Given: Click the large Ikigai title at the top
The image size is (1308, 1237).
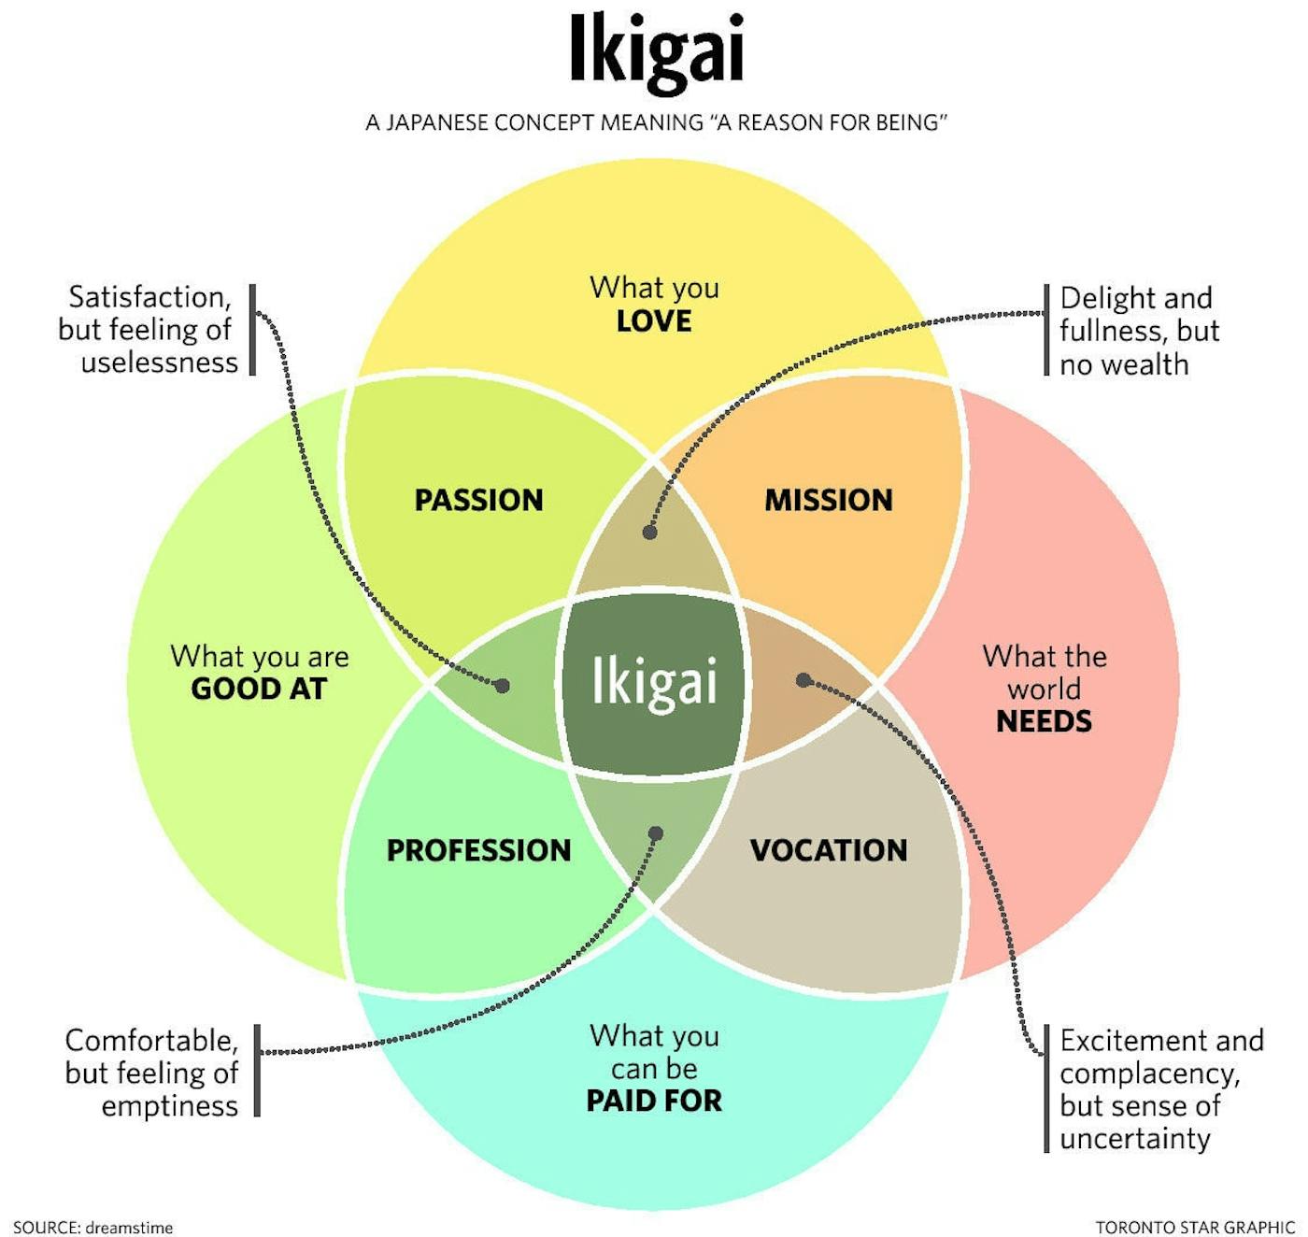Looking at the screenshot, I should (x=656, y=51).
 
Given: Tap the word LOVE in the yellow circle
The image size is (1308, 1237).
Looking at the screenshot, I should (x=654, y=321).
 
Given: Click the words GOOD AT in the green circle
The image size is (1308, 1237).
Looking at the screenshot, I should (x=259, y=690).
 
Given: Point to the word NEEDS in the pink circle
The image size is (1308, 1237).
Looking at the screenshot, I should (x=1044, y=721).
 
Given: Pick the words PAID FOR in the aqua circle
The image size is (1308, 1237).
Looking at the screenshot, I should (x=654, y=1101).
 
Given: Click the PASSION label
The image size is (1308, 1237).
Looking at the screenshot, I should (x=478, y=500).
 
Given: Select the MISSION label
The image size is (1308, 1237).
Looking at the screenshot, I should (x=829, y=500).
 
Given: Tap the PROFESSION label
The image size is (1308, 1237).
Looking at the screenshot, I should (x=478, y=850).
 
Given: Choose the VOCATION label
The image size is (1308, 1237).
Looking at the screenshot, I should (x=829, y=850).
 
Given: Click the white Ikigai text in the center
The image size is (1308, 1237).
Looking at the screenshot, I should (x=654, y=682).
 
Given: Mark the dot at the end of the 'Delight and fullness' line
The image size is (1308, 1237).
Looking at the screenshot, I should (x=650, y=533).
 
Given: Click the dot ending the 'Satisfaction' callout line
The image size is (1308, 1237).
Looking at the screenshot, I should (x=503, y=686).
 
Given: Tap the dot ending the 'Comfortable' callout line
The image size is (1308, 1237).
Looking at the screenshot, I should (x=656, y=833).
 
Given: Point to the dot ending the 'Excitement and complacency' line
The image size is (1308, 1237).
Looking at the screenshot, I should (x=803, y=680).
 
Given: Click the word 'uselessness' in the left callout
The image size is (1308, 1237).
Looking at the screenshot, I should (x=159, y=363).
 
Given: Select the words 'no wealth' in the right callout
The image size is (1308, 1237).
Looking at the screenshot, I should (x=1124, y=364).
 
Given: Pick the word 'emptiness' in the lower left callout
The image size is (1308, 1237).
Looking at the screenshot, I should (x=169, y=1106).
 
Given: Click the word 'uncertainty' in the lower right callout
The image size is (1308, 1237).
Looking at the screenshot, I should (x=1134, y=1139).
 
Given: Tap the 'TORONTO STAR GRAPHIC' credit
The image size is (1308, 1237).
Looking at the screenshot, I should (x=1195, y=1227).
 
